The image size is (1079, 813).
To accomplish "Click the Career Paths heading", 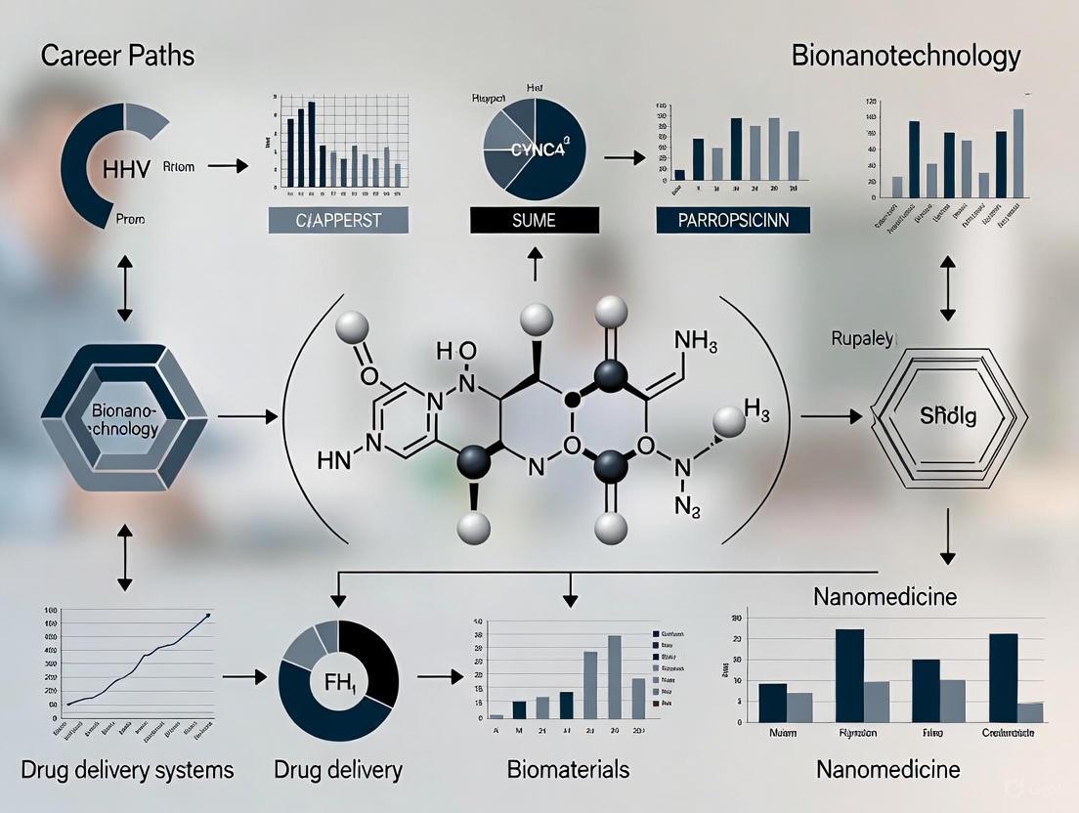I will pos(118,55).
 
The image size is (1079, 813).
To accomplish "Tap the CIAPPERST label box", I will pos(338,220).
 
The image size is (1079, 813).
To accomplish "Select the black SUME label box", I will pos(534,220).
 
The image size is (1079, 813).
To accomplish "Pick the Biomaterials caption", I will pos(568,769).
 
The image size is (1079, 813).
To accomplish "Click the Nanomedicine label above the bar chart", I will pos(885,595).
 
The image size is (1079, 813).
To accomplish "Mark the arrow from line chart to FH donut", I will pos(245,676).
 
